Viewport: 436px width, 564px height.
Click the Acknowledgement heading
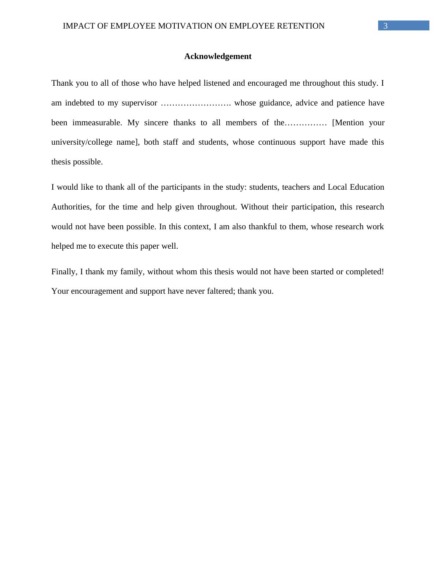coord(218,56)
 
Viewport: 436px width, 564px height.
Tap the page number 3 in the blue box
coord(385,26)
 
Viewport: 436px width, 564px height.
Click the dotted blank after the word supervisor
coord(196,103)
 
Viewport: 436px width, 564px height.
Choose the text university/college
coord(82,142)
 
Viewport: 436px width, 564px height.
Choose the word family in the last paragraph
coord(132,272)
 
